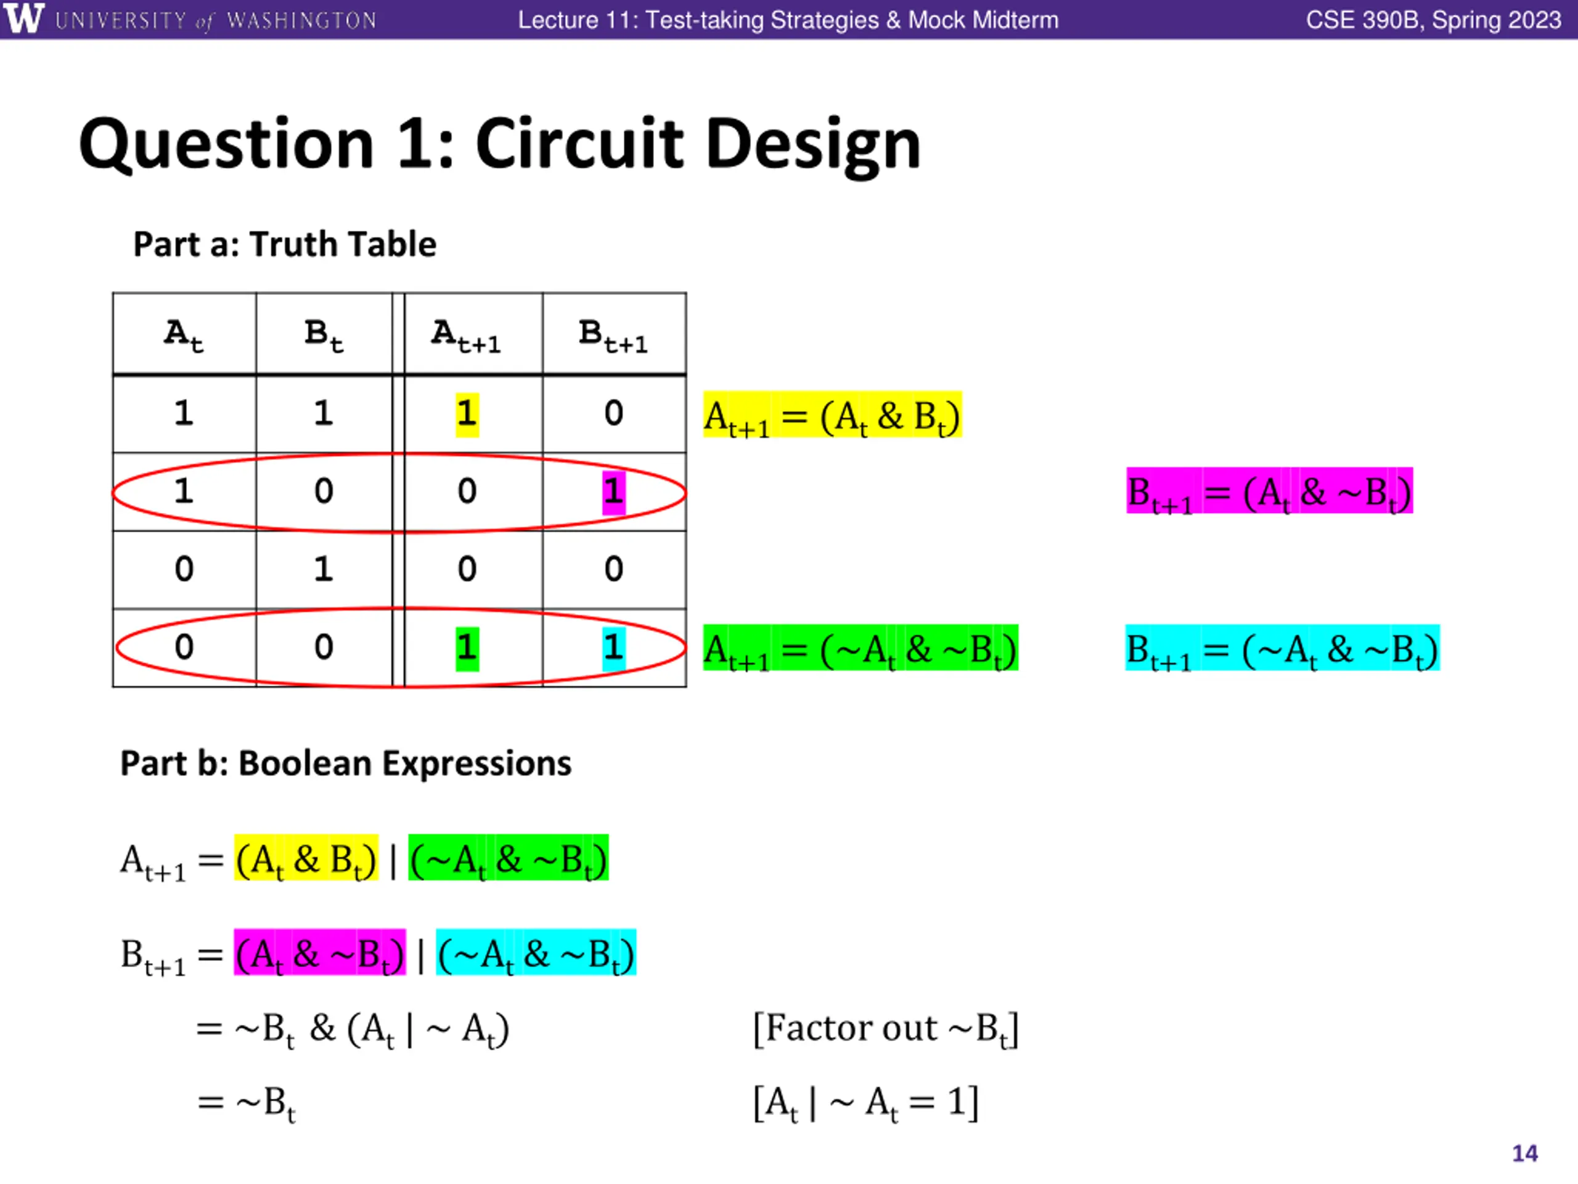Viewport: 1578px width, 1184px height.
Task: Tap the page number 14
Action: pyautogui.click(x=1524, y=1153)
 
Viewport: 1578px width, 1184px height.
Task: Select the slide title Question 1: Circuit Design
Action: pyautogui.click(x=499, y=144)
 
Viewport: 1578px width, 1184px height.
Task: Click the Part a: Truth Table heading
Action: pyautogui.click(x=284, y=245)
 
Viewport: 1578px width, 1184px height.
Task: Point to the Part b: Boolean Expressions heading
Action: pyautogui.click(x=345, y=763)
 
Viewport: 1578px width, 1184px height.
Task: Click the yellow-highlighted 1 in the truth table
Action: pyautogui.click(x=467, y=414)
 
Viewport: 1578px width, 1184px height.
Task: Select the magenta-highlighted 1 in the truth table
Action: pyautogui.click(x=613, y=491)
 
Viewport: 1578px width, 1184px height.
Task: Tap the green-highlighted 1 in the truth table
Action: pyautogui.click(x=467, y=648)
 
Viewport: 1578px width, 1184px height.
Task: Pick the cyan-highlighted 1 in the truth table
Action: pyautogui.click(x=613, y=648)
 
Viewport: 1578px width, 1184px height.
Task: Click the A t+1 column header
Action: pyautogui.click(x=467, y=335)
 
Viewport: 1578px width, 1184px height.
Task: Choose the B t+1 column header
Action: pyautogui.click(x=613, y=335)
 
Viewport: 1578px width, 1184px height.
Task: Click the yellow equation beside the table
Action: pyautogui.click(x=832, y=416)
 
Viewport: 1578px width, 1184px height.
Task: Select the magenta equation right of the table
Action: pyautogui.click(x=1269, y=491)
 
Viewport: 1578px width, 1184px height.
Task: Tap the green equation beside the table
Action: pyautogui.click(x=861, y=649)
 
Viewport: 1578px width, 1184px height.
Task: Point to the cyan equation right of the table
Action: pyautogui.click(x=1282, y=649)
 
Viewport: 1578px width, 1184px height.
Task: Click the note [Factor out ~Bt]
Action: pyautogui.click(x=885, y=1029)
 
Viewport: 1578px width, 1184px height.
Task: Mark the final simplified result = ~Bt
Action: pyautogui.click(x=247, y=1103)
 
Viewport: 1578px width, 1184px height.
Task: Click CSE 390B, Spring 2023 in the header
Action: pyautogui.click(x=1433, y=20)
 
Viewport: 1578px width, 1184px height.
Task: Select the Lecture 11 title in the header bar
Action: pyautogui.click(x=788, y=20)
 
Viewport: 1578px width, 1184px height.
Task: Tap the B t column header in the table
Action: pyautogui.click(x=324, y=335)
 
